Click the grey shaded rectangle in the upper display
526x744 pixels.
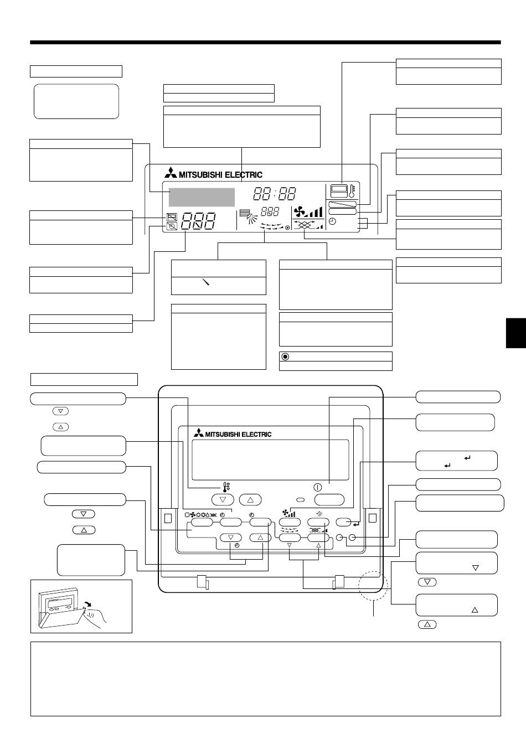pos(202,197)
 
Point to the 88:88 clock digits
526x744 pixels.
pos(275,193)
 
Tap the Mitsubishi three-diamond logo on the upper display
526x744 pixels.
pos(171,174)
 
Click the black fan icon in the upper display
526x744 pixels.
pos(300,211)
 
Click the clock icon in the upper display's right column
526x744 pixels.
pos(332,221)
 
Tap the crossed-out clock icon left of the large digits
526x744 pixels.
pos(172,226)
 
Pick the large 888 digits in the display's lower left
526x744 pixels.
pos(199,221)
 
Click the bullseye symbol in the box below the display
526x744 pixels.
pos(285,356)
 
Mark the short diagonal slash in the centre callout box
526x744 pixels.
pos(206,282)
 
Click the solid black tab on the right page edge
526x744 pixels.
pos(515,333)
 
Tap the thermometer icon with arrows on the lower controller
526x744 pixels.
pos(226,487)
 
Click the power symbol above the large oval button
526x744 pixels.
pos(317,488)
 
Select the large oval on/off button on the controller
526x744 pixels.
pos(329,499)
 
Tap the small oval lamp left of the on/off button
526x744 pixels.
pos(301,500)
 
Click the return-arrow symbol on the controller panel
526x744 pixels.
pos(356,524)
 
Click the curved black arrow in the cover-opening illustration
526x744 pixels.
pos(87,603)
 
